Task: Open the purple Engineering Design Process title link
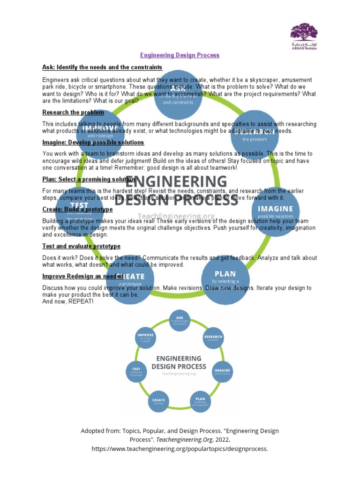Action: pos(180,55)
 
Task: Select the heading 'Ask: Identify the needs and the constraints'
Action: pos(102,67)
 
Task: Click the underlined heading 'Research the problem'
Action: pos(73,112)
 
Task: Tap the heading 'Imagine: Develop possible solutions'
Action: pos(93,142)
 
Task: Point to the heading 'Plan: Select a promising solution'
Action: pos(89,179)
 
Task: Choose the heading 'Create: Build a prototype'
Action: pos(77,209)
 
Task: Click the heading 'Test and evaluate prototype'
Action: pos(81,246)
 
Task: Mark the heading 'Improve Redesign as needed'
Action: pos(83,276)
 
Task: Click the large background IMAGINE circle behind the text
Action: pos(276,211)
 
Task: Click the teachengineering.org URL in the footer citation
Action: pos(180,449)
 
